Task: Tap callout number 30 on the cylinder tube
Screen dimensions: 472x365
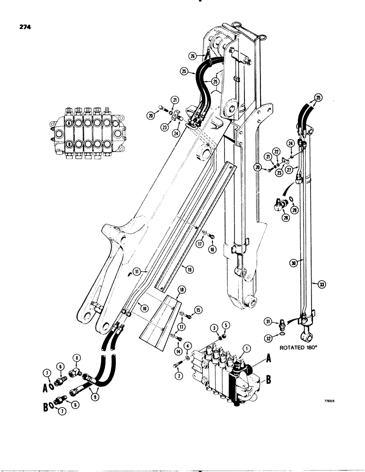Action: pyautogui.click(x=293, y=265)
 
